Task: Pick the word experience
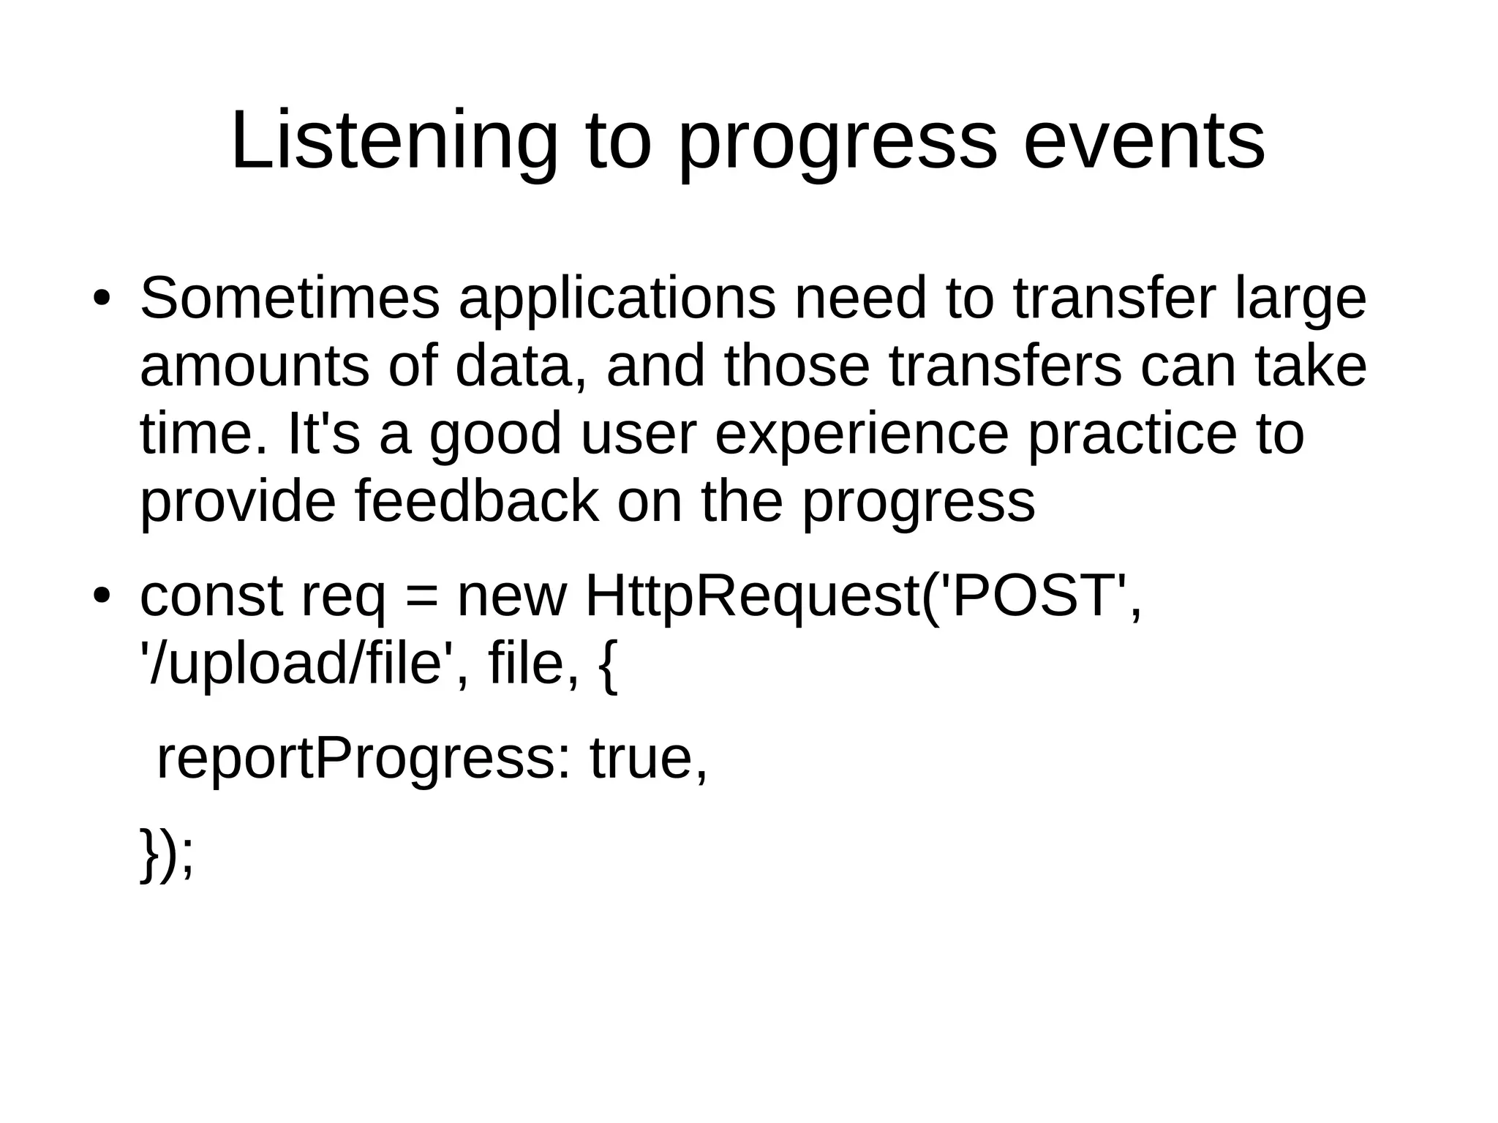click(x=861, y=434)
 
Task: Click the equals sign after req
click(x=420, y=597)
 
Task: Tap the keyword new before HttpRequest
click(x=511, y=596)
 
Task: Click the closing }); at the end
click(x=167, y=855)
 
